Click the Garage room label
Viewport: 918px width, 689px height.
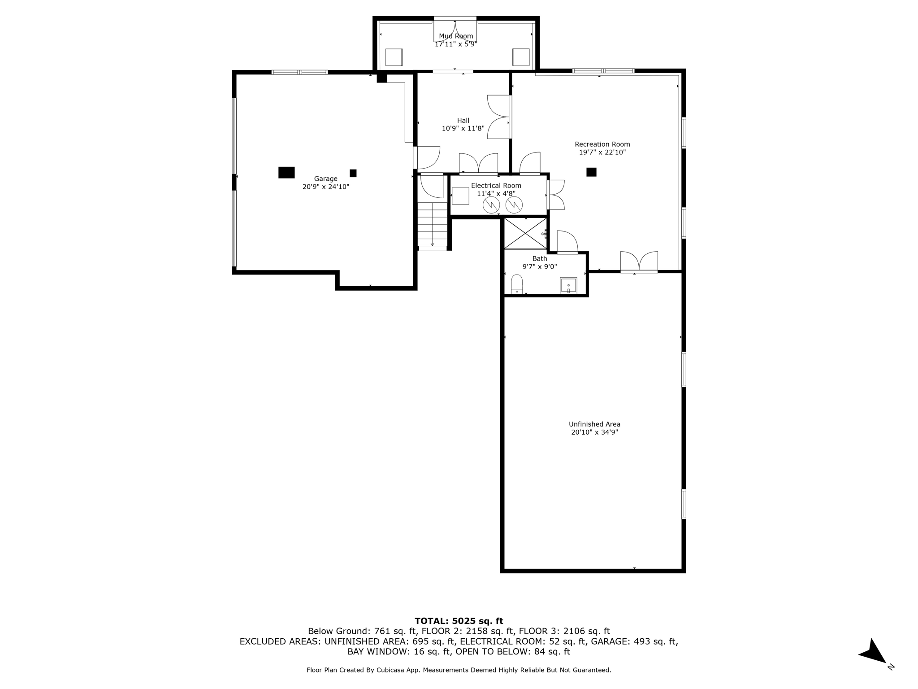(325, 179)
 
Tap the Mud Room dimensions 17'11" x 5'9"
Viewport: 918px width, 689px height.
(455, 44)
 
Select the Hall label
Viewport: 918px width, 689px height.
(463, 120)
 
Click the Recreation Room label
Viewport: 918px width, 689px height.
(602, 144)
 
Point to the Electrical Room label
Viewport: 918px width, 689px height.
(496, 185)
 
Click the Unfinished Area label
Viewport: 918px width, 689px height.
(594, 424)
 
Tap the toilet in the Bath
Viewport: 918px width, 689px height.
(517, 284)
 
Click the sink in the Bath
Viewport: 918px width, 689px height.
(568, 286)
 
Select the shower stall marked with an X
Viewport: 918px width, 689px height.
(525, 233)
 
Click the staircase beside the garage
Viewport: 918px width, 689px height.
(433, 224)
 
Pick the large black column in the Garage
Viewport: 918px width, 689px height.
(286, 172)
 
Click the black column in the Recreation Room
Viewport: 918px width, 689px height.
(591, 172)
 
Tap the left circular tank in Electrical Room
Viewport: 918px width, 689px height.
(491, 205)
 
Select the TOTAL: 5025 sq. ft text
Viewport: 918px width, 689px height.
(459, 621)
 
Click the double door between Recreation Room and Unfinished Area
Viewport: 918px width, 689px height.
(639, 262)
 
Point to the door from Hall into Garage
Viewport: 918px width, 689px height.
(426, 157)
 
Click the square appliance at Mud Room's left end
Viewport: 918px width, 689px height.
(394, 57)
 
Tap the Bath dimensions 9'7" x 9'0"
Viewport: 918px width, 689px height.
(539, 266)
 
